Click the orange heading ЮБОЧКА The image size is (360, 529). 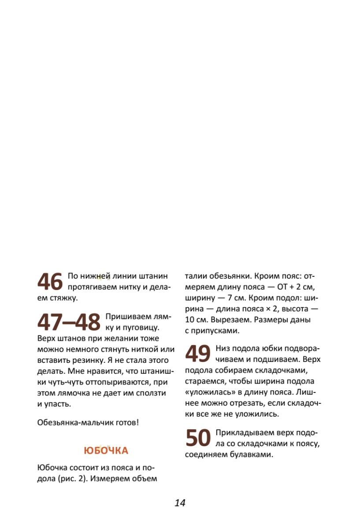pos(106,451)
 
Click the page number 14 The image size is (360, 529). pos(180,503)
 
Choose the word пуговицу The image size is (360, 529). pos(137,328)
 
